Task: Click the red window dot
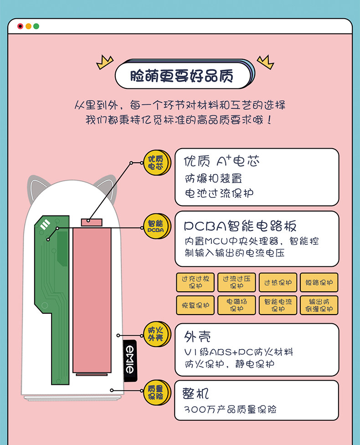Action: point(20,26)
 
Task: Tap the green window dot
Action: point(36,26)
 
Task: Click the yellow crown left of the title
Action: point(104,62)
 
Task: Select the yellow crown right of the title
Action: point(265,62)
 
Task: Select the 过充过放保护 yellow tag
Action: point(195,282)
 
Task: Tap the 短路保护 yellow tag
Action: point(319,282)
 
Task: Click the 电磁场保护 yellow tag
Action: point(237,305)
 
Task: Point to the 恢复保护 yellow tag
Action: point(195,305)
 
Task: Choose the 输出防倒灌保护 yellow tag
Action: point(319,305)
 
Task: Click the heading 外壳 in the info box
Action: point(197,337)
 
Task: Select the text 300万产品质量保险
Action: point(230,409)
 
